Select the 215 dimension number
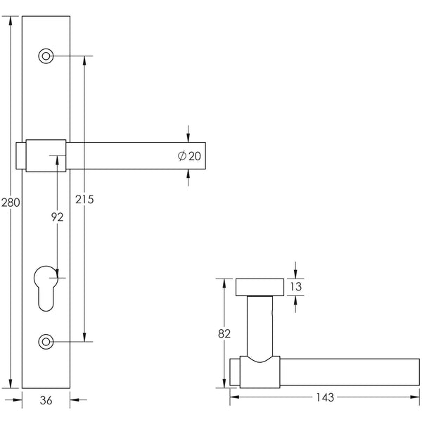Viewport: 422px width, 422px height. tap(84, 200)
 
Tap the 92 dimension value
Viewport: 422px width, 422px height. tap(57, 217)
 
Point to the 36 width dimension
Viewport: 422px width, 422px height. tap(46, 400)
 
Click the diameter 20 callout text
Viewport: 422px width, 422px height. tap(191, 155)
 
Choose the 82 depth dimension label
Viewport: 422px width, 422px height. tap(224, 334)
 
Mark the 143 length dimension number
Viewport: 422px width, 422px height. tap(325, 397)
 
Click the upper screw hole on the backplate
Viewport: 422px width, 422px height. tap(46, 56)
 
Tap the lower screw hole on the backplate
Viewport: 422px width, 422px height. tap(46, 342)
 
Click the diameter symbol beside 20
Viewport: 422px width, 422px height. tap(182, 155)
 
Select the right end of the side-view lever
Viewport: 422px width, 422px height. tap(415, 373)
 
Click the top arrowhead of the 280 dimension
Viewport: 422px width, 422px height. tap(11, 20)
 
